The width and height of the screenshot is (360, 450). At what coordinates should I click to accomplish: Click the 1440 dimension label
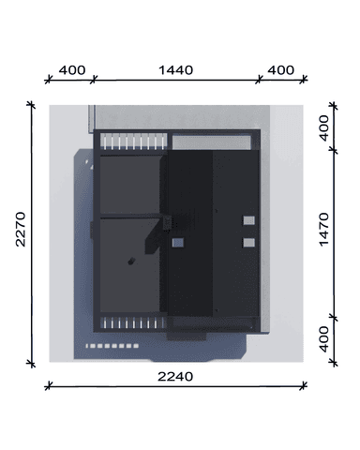[176, 70]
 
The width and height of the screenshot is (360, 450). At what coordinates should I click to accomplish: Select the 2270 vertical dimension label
[21, 230]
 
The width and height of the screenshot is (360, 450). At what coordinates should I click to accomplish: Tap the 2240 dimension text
[175, 377]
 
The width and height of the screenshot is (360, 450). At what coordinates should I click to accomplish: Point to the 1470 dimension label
[324, 230]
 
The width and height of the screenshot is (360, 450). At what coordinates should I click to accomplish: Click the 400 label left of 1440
[72, 70]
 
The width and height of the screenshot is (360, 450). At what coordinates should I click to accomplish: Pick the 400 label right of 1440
[281, 70]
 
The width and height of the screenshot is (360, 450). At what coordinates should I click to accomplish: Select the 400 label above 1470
[324, 128]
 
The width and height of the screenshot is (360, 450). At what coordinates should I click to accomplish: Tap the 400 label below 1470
[324, 339]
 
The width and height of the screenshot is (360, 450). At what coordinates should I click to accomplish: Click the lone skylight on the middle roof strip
[178, 243]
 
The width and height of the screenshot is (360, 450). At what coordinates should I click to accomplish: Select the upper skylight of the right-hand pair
[249, 220]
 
